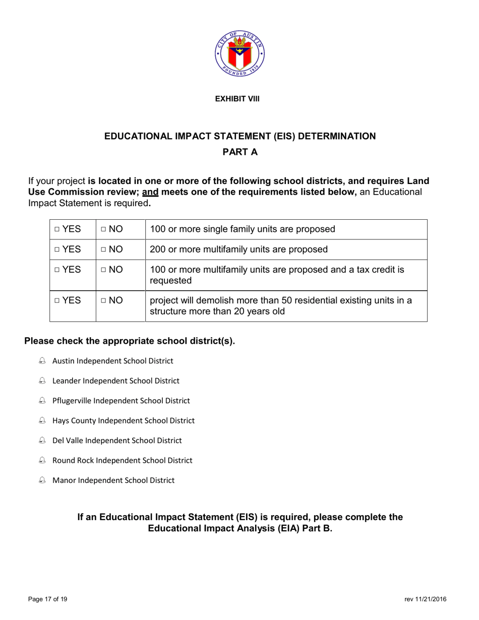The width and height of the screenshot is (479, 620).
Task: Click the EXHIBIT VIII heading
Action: point(237,99)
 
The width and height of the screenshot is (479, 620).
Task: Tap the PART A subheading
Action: point(240,152)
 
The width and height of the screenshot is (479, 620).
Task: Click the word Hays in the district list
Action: point(61,420)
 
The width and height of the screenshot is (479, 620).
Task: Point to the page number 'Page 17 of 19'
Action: point(47,599)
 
